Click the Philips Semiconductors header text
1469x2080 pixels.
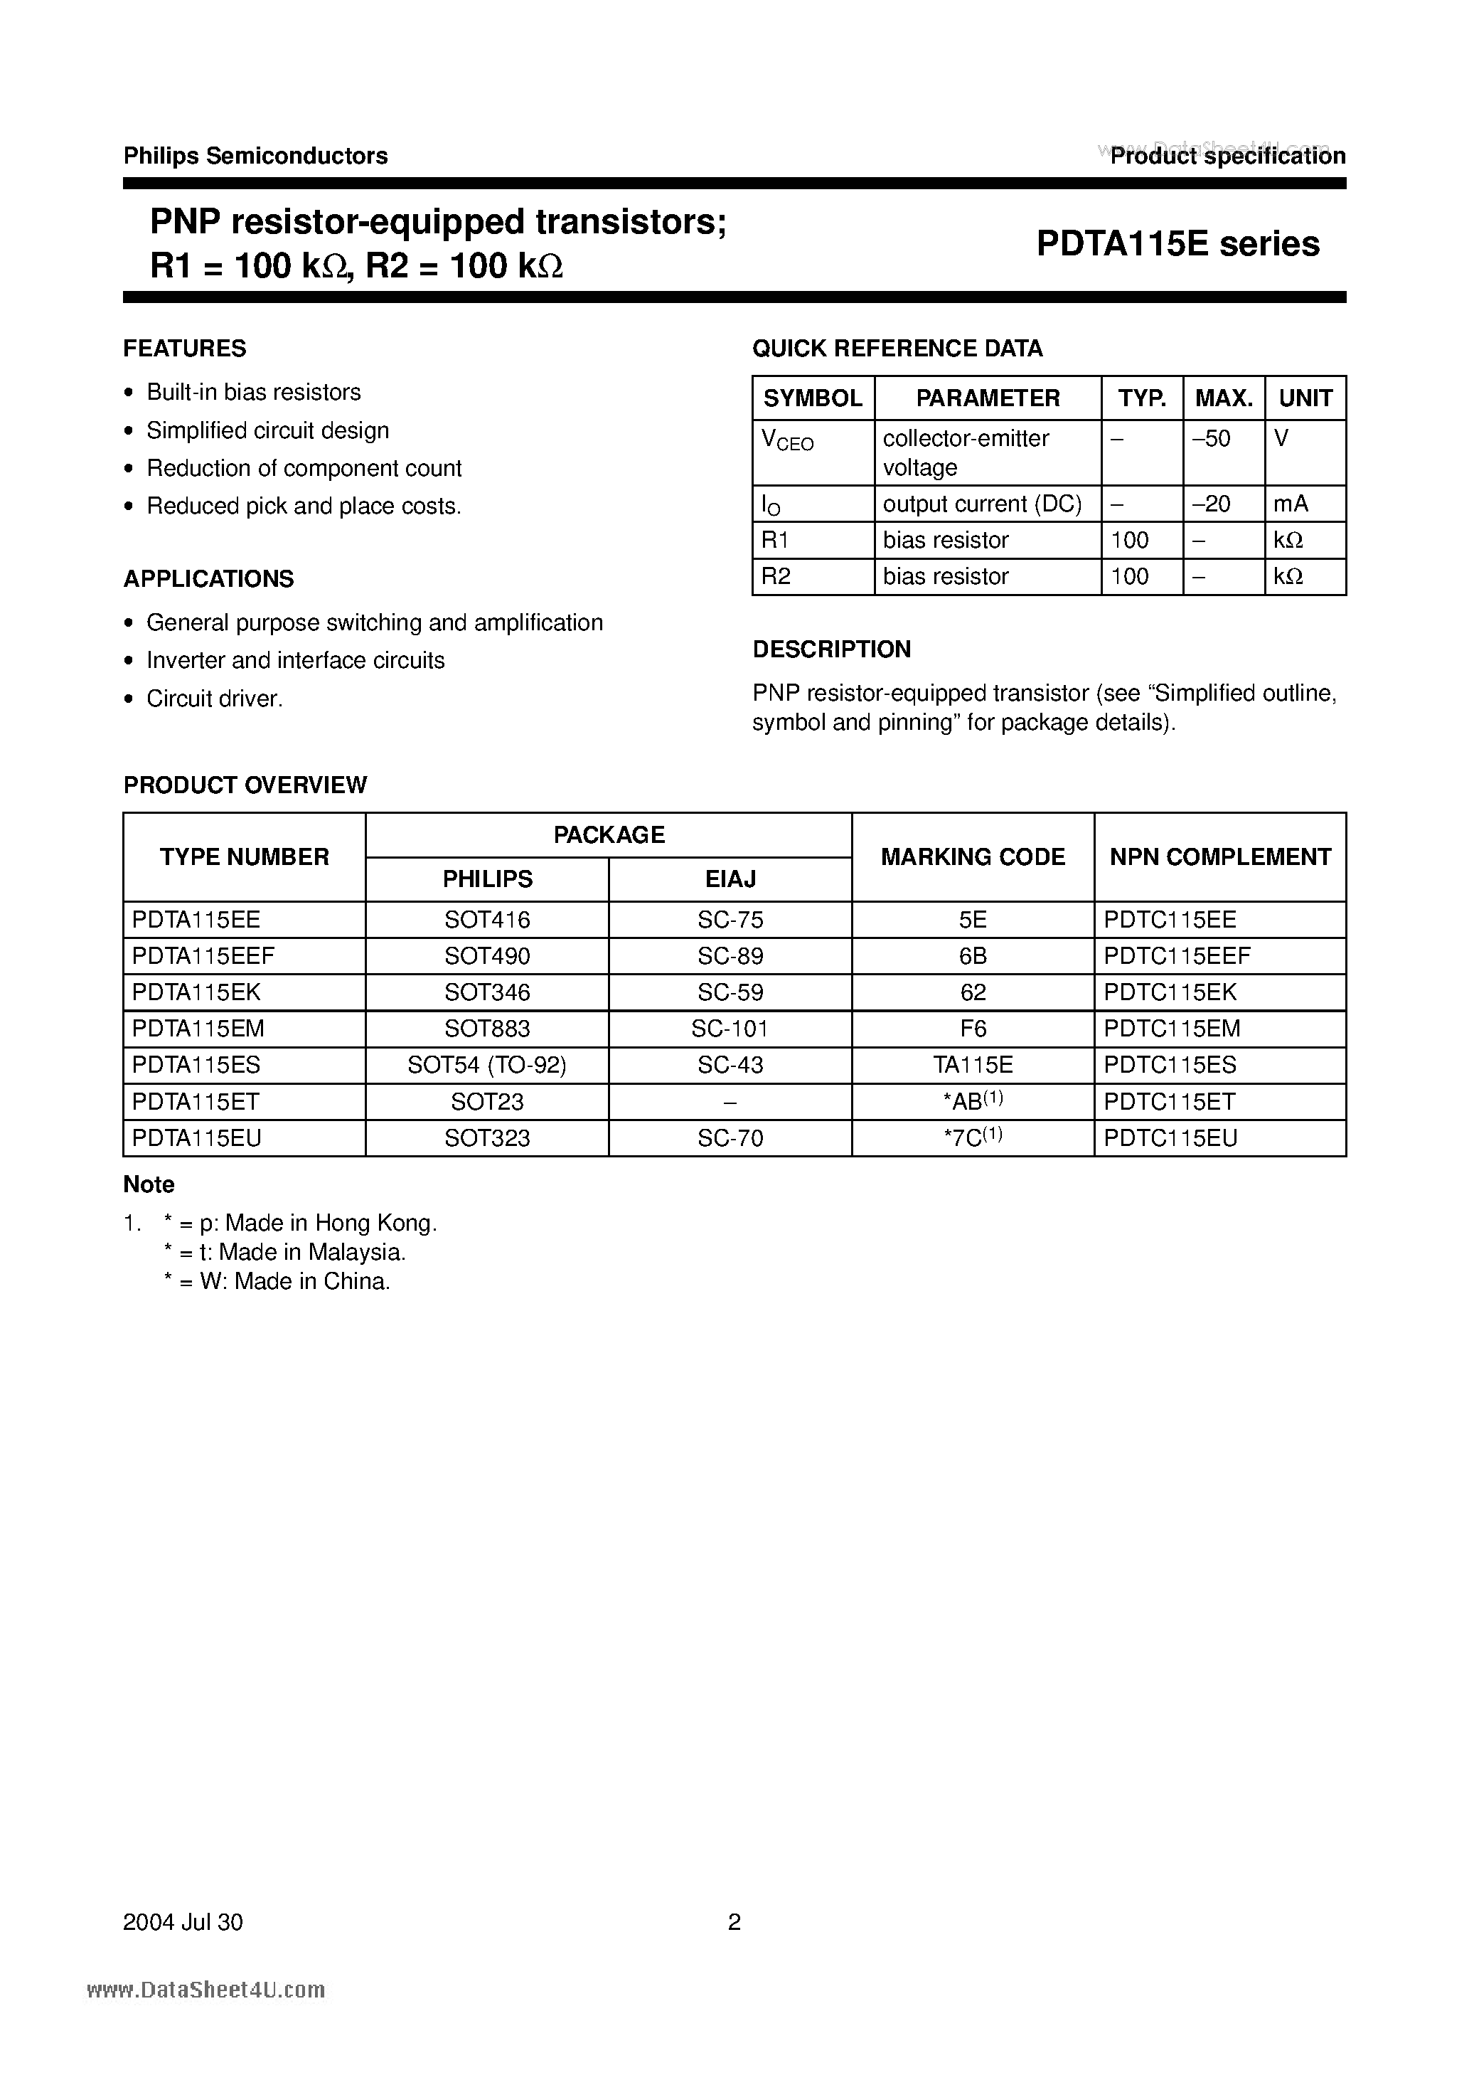click(255, 156)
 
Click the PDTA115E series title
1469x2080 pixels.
click(1177, 244)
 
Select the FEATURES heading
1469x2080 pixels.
click(184, 349)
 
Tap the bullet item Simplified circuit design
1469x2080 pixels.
click(267, 430)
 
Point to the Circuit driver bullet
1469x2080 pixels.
click(215, 699)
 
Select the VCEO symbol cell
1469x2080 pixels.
click(787, 441)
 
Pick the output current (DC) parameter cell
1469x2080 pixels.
click(982, 504)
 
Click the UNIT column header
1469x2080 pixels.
click(1304, 398)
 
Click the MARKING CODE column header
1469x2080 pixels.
click(972, 857)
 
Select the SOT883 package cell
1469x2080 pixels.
click(486, 1028)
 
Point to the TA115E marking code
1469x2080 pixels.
click(972, 1064)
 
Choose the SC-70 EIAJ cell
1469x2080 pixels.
click(730, 1138)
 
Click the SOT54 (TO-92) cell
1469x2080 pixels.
click(486, 1064)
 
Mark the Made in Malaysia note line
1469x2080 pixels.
click(284, 1252)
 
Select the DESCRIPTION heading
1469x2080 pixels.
click(830, 649)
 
